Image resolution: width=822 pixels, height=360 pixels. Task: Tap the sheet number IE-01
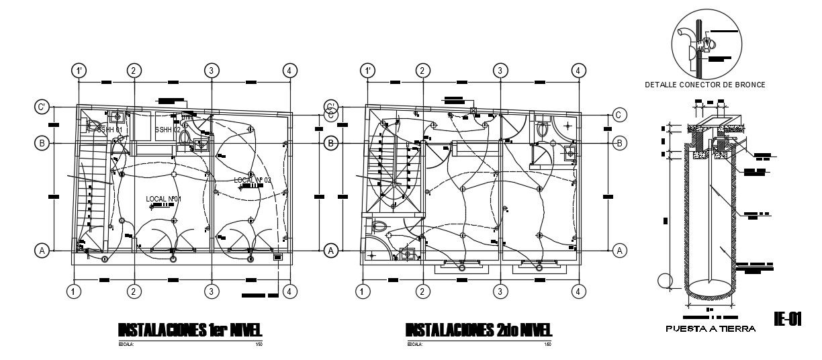788,318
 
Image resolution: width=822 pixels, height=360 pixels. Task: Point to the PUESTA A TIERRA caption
711,329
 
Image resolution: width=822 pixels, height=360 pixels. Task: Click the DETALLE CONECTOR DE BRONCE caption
705,85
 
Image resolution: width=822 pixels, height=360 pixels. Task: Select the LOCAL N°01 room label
164,199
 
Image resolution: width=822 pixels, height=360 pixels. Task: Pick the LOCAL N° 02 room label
253,180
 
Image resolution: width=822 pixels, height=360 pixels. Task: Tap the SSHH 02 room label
168,129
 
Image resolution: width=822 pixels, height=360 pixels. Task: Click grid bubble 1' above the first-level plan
80,71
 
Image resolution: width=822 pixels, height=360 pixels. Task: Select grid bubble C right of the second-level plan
621,115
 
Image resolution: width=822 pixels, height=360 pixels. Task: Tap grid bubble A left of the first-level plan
42,251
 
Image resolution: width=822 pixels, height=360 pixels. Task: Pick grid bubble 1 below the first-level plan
74,291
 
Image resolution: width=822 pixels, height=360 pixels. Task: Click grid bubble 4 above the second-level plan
578,71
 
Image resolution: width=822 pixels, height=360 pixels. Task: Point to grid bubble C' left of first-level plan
42,107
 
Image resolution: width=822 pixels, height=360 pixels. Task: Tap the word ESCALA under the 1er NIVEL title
126,344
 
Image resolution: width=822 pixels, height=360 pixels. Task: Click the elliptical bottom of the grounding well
710,289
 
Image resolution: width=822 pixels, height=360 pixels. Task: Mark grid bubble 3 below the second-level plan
500,291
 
